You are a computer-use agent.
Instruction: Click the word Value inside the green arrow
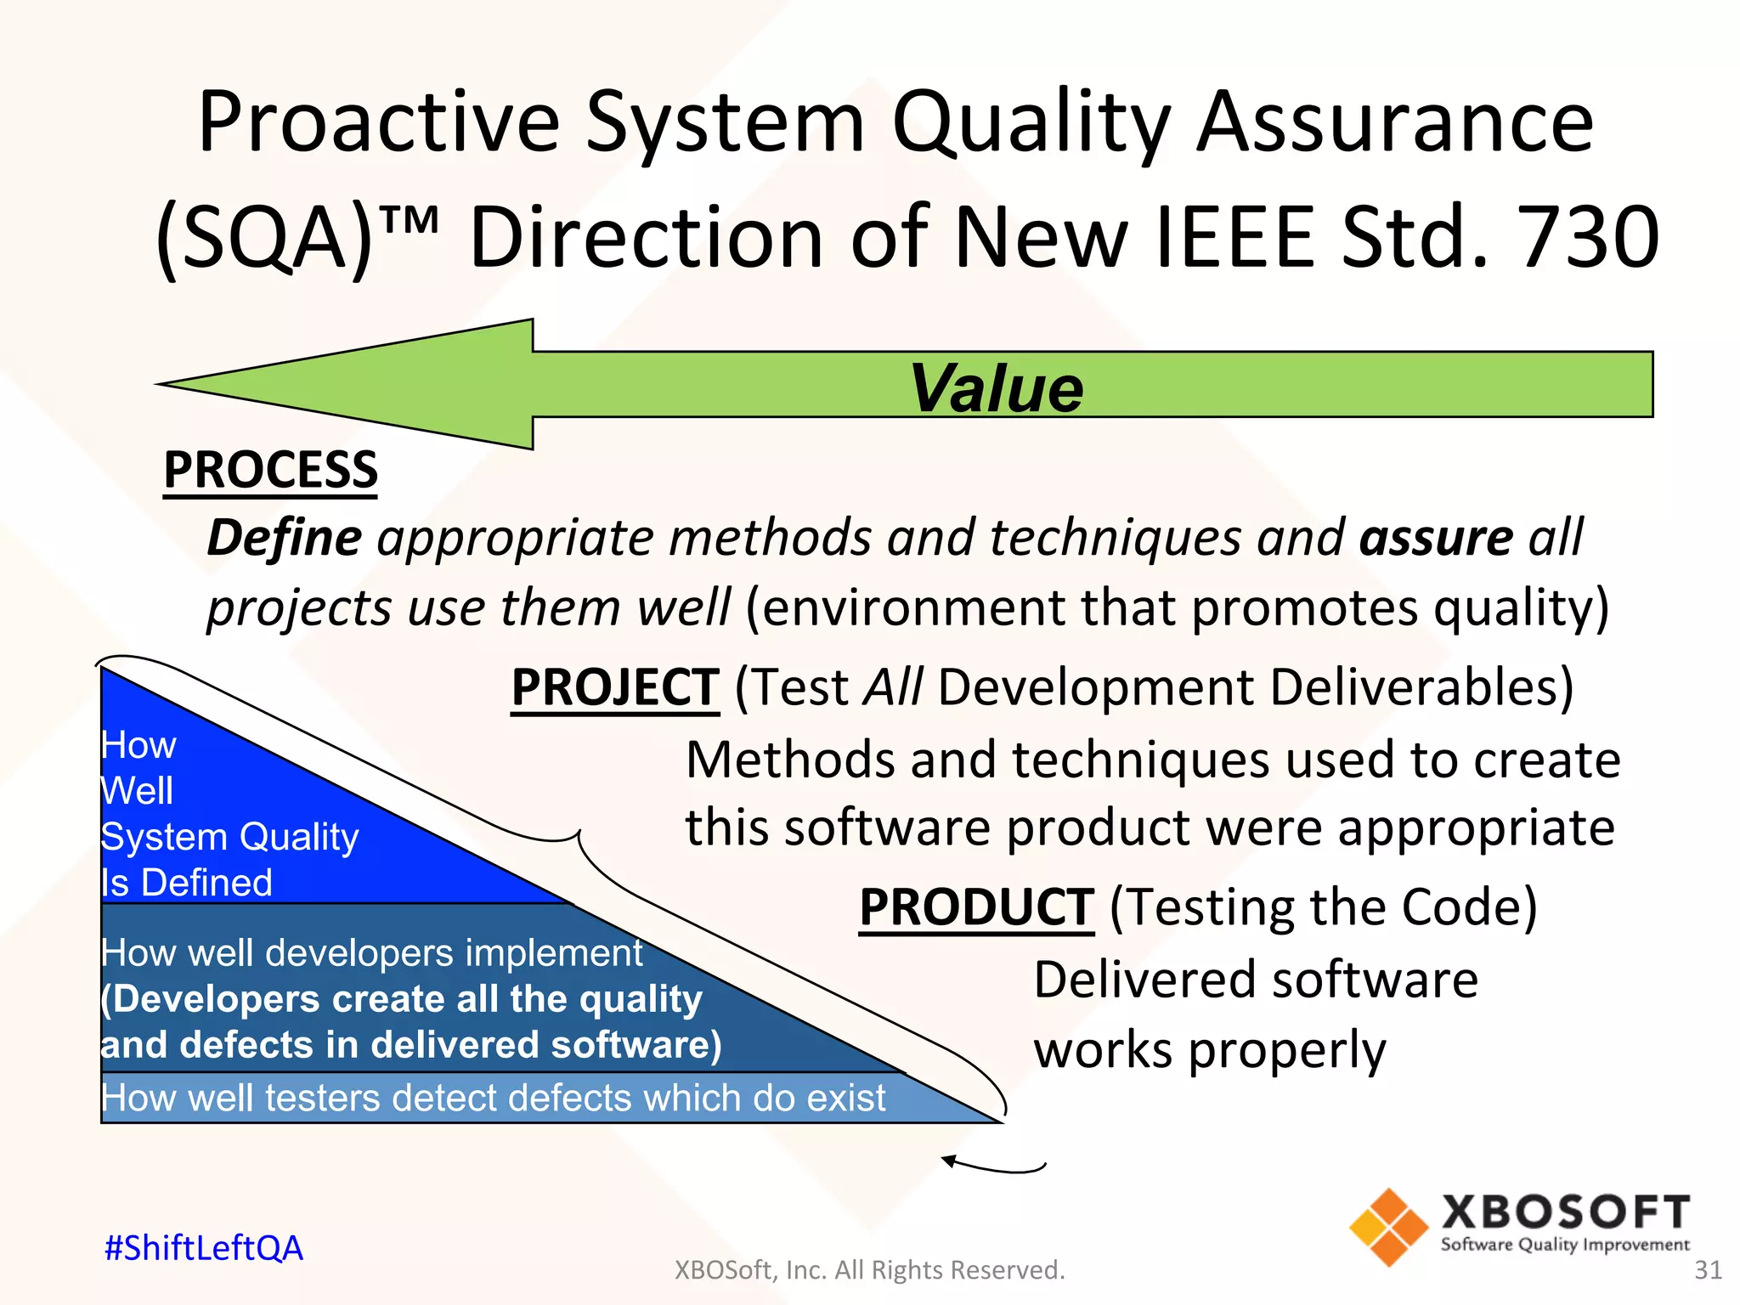coord(996,388)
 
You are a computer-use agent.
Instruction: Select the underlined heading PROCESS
coord(270,470)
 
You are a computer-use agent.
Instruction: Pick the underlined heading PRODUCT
coord(976,907)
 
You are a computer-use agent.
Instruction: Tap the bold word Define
coord(285,538)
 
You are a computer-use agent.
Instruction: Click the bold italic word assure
coord(1436,538)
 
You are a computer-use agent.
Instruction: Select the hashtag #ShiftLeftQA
coord(203,1247)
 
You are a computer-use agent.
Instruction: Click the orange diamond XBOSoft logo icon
coord(1388,1227)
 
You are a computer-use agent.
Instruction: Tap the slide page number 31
coord(1708,1269)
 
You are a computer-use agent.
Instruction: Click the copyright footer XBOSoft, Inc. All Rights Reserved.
coord(869,1269)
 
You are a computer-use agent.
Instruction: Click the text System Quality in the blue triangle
coord(229,837)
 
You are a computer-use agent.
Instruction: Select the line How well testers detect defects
coord(493,1098)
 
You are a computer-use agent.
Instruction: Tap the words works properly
coord(1209,1050)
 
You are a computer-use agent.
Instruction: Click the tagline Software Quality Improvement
coord(1565,1245)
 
